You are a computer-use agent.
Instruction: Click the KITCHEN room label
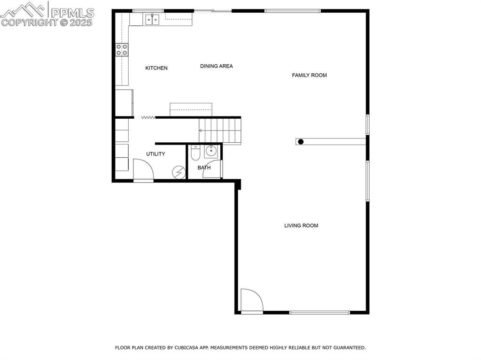156,68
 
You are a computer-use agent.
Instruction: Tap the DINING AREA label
216,66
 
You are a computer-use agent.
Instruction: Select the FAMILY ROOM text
309,75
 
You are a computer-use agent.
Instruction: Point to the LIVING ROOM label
301,226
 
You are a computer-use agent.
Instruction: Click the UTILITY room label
155,154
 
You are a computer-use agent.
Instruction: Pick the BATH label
204,168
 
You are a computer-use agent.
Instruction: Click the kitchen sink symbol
152,19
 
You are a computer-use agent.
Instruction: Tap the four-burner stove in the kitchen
122,50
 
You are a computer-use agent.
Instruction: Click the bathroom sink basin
211,151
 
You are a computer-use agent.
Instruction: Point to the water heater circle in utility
178,172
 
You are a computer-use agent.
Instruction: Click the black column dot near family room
301,141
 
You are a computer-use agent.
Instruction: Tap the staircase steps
220,130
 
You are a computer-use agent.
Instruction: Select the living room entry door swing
251,300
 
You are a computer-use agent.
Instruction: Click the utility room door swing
143,169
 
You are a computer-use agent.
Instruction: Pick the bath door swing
212,169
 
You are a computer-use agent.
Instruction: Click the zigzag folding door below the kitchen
148,117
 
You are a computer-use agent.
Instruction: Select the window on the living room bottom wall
319,312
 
